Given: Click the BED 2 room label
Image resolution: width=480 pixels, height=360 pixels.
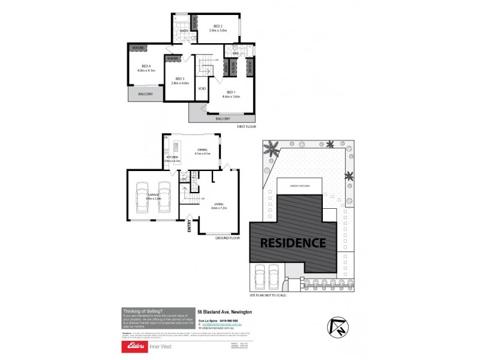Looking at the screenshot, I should click(x=217, y=25).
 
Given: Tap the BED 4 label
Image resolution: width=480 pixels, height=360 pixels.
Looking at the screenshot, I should click(x=146, y=66).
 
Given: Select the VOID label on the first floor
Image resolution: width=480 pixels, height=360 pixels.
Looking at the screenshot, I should click(x=202, y=89).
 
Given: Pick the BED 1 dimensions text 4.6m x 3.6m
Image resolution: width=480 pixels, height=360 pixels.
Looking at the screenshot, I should click(x=231, y=97).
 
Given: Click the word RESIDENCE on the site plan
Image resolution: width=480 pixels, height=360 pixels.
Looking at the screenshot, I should click(x=293, y=243).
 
